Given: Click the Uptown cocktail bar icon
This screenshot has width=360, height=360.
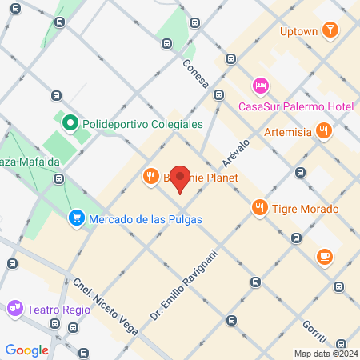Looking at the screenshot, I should coord(330,31).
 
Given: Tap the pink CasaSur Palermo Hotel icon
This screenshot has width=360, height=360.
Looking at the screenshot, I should coord(260,86).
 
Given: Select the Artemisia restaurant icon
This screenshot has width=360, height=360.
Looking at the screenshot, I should coord(323,130).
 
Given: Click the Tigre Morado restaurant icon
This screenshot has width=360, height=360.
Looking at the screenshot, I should coord(259,209).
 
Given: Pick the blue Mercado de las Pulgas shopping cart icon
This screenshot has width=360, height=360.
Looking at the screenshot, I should coord(77,218).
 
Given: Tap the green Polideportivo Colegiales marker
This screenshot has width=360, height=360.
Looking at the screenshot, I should coord(70,124).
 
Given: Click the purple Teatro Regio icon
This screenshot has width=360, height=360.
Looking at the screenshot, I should coord(15,307).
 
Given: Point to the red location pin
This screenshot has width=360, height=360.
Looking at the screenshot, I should coord(181,179).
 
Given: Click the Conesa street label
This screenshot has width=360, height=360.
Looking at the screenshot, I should coord(195,74).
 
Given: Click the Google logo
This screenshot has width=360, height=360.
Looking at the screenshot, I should coord(26,350).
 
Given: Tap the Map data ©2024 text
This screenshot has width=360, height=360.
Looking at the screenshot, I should coord(325,353).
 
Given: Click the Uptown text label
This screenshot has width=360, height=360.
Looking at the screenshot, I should coord(298,32).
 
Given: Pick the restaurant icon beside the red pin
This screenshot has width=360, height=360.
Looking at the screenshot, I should coord(150,176).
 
